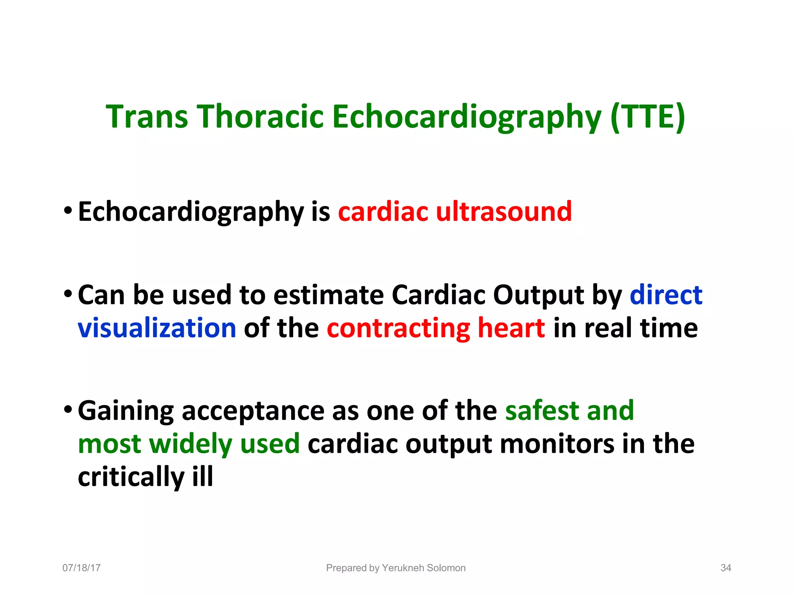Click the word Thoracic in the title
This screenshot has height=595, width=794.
261,117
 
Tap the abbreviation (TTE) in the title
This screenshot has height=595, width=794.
647,117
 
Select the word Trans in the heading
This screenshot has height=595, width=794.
147,117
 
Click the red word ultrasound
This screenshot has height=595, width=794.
504,212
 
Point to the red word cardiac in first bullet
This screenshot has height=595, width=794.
383,212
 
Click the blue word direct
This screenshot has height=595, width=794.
666,295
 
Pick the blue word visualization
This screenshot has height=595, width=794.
157,328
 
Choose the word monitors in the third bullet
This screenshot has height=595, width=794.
557,444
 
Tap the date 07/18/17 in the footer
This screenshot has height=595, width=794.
81,568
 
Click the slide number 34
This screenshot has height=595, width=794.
725,568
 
